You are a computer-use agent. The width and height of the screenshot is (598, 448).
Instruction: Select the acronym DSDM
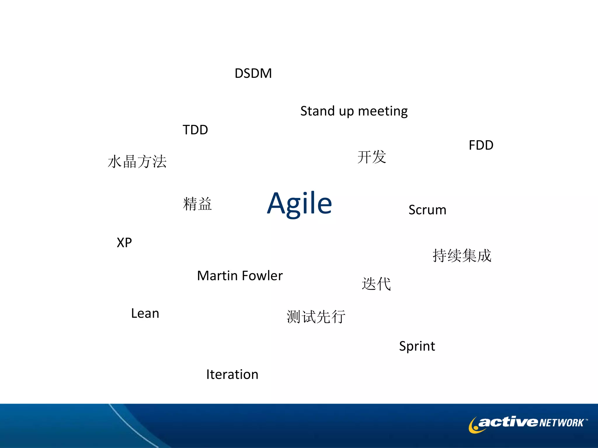coord(253,73)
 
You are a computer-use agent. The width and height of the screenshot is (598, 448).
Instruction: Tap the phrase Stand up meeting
coord(354,111)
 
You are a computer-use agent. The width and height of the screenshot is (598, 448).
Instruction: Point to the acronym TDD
coord(195,130)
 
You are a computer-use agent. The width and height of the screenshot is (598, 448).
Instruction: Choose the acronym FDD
coord(481,145)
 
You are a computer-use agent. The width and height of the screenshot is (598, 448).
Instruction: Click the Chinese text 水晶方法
coord(137,162)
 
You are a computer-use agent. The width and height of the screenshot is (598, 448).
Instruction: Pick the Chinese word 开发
coord(372,157)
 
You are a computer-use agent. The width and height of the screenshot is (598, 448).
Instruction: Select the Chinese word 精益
coord(197,204)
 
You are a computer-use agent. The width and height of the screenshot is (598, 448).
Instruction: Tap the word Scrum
coord(427,210)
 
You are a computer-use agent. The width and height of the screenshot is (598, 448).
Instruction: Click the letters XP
coord(124,243)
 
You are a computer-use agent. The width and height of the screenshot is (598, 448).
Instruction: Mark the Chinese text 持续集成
coord(462,256)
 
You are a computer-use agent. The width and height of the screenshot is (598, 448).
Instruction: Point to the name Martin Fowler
coord(240,276)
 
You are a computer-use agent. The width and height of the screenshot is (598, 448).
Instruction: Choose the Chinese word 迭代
coord(376,284)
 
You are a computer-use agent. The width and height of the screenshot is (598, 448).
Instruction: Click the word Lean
coord(145,314)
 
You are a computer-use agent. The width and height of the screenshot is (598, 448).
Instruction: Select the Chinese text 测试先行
coord(316,317)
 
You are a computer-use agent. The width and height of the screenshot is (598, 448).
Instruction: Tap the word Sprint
coord(417,346)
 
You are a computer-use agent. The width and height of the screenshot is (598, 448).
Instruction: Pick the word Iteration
coord(232,374)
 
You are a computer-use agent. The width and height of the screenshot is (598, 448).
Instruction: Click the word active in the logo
coord(508,422)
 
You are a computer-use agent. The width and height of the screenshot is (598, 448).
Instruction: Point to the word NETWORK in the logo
coord(561,423)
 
